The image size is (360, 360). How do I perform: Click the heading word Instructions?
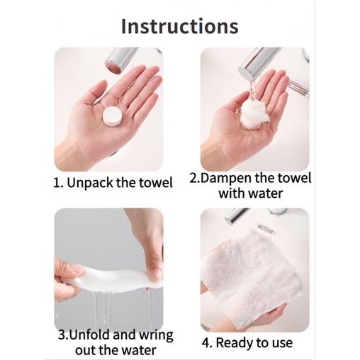[x=180, y=26]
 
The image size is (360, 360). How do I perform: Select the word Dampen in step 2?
[x=226, y=178]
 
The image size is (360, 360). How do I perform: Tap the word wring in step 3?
[x=155, y=336]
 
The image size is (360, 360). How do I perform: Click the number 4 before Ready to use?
[x=206, y=344]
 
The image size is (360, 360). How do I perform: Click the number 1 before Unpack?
[x=57, y=184]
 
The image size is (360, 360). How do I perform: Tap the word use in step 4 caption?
[x=282, y=344]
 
